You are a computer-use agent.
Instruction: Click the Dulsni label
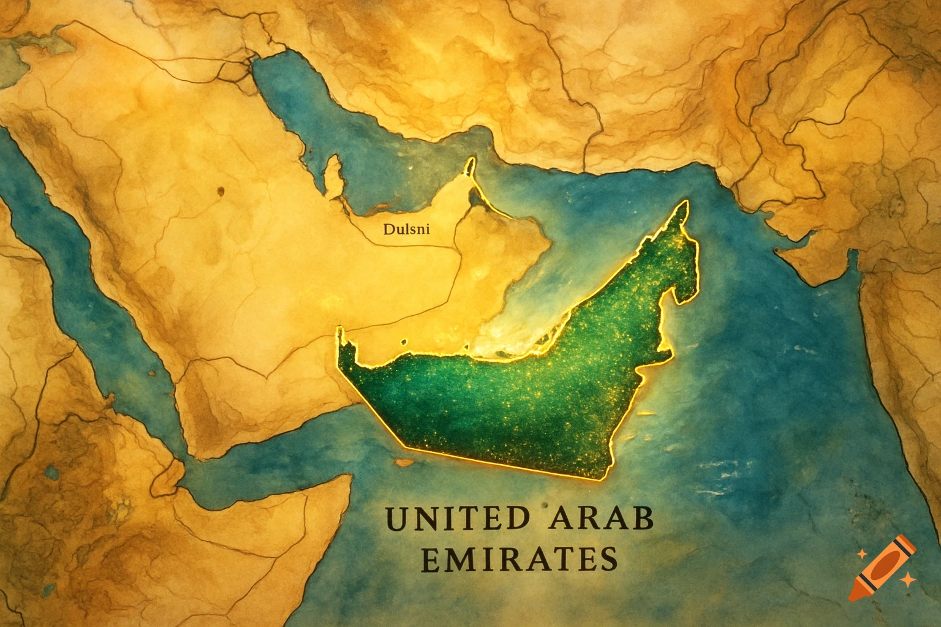coord(406,230)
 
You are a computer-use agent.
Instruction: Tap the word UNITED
coord(456,519)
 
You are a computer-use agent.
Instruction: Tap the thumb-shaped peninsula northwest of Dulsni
coord(333,175)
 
